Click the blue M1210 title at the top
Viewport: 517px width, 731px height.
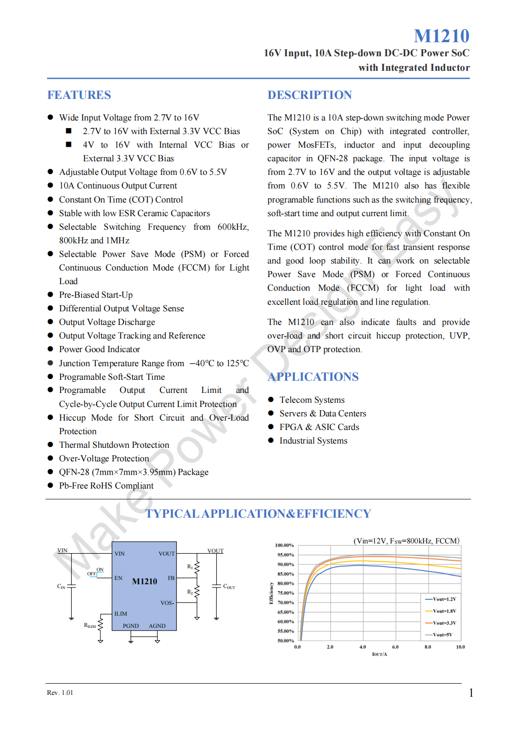coord(441,36)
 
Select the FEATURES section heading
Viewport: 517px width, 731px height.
coord(79,95)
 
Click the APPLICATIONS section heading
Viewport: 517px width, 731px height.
coord(313,377)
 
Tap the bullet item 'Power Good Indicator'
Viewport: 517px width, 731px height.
coord(99,349)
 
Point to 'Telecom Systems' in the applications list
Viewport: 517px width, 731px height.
coord(312,400)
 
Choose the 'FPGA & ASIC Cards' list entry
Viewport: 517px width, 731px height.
coord(319,427)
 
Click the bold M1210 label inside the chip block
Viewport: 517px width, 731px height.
coord(144,581)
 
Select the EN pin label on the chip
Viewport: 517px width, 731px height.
coord(118,578)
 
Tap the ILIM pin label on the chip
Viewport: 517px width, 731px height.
coord(121,614)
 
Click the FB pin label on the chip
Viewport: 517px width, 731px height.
coord(171,578)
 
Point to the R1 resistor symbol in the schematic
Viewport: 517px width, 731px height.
coord(197,567)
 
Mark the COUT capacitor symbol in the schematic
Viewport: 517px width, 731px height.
coord(216,587)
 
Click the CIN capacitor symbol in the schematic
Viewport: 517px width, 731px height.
coord(72,587)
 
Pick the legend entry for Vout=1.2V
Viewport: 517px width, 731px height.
coord(441,599)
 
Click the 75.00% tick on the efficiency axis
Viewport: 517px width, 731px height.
coord(286,593)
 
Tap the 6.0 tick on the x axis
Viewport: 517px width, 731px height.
coord(395,647)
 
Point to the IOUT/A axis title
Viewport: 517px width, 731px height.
coord(379,654)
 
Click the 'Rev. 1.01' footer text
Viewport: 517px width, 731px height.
coord(60,693)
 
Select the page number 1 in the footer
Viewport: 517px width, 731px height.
coord(471,693)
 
